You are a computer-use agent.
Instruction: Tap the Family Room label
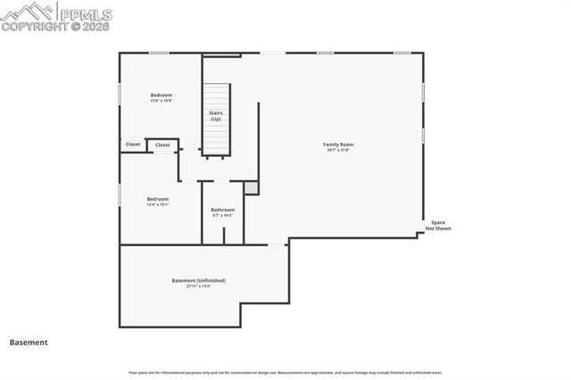click(338, 145)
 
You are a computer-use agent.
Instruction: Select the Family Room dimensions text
click(338, 150)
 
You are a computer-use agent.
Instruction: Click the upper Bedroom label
click(161, 95)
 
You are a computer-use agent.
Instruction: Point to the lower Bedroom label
click(158, 199)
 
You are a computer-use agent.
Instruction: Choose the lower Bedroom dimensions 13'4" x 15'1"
click(158, 204)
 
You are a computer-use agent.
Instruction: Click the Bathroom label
click(222, 210)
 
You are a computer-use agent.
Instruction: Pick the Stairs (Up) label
click(216, 116)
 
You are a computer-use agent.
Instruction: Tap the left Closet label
click(133, 145)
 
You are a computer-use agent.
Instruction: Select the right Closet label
click(162, 145)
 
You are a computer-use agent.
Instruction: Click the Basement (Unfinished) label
click(198, 280)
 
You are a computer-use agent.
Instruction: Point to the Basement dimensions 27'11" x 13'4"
click(198, 286)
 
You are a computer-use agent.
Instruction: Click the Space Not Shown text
click(438, 226)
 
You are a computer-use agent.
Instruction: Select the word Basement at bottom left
click(29, 342)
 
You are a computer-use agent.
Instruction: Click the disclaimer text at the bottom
click(285, 372)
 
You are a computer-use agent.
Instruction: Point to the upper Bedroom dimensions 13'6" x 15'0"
click(161, 101)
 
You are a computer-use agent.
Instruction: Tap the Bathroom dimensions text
click(222, 215)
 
